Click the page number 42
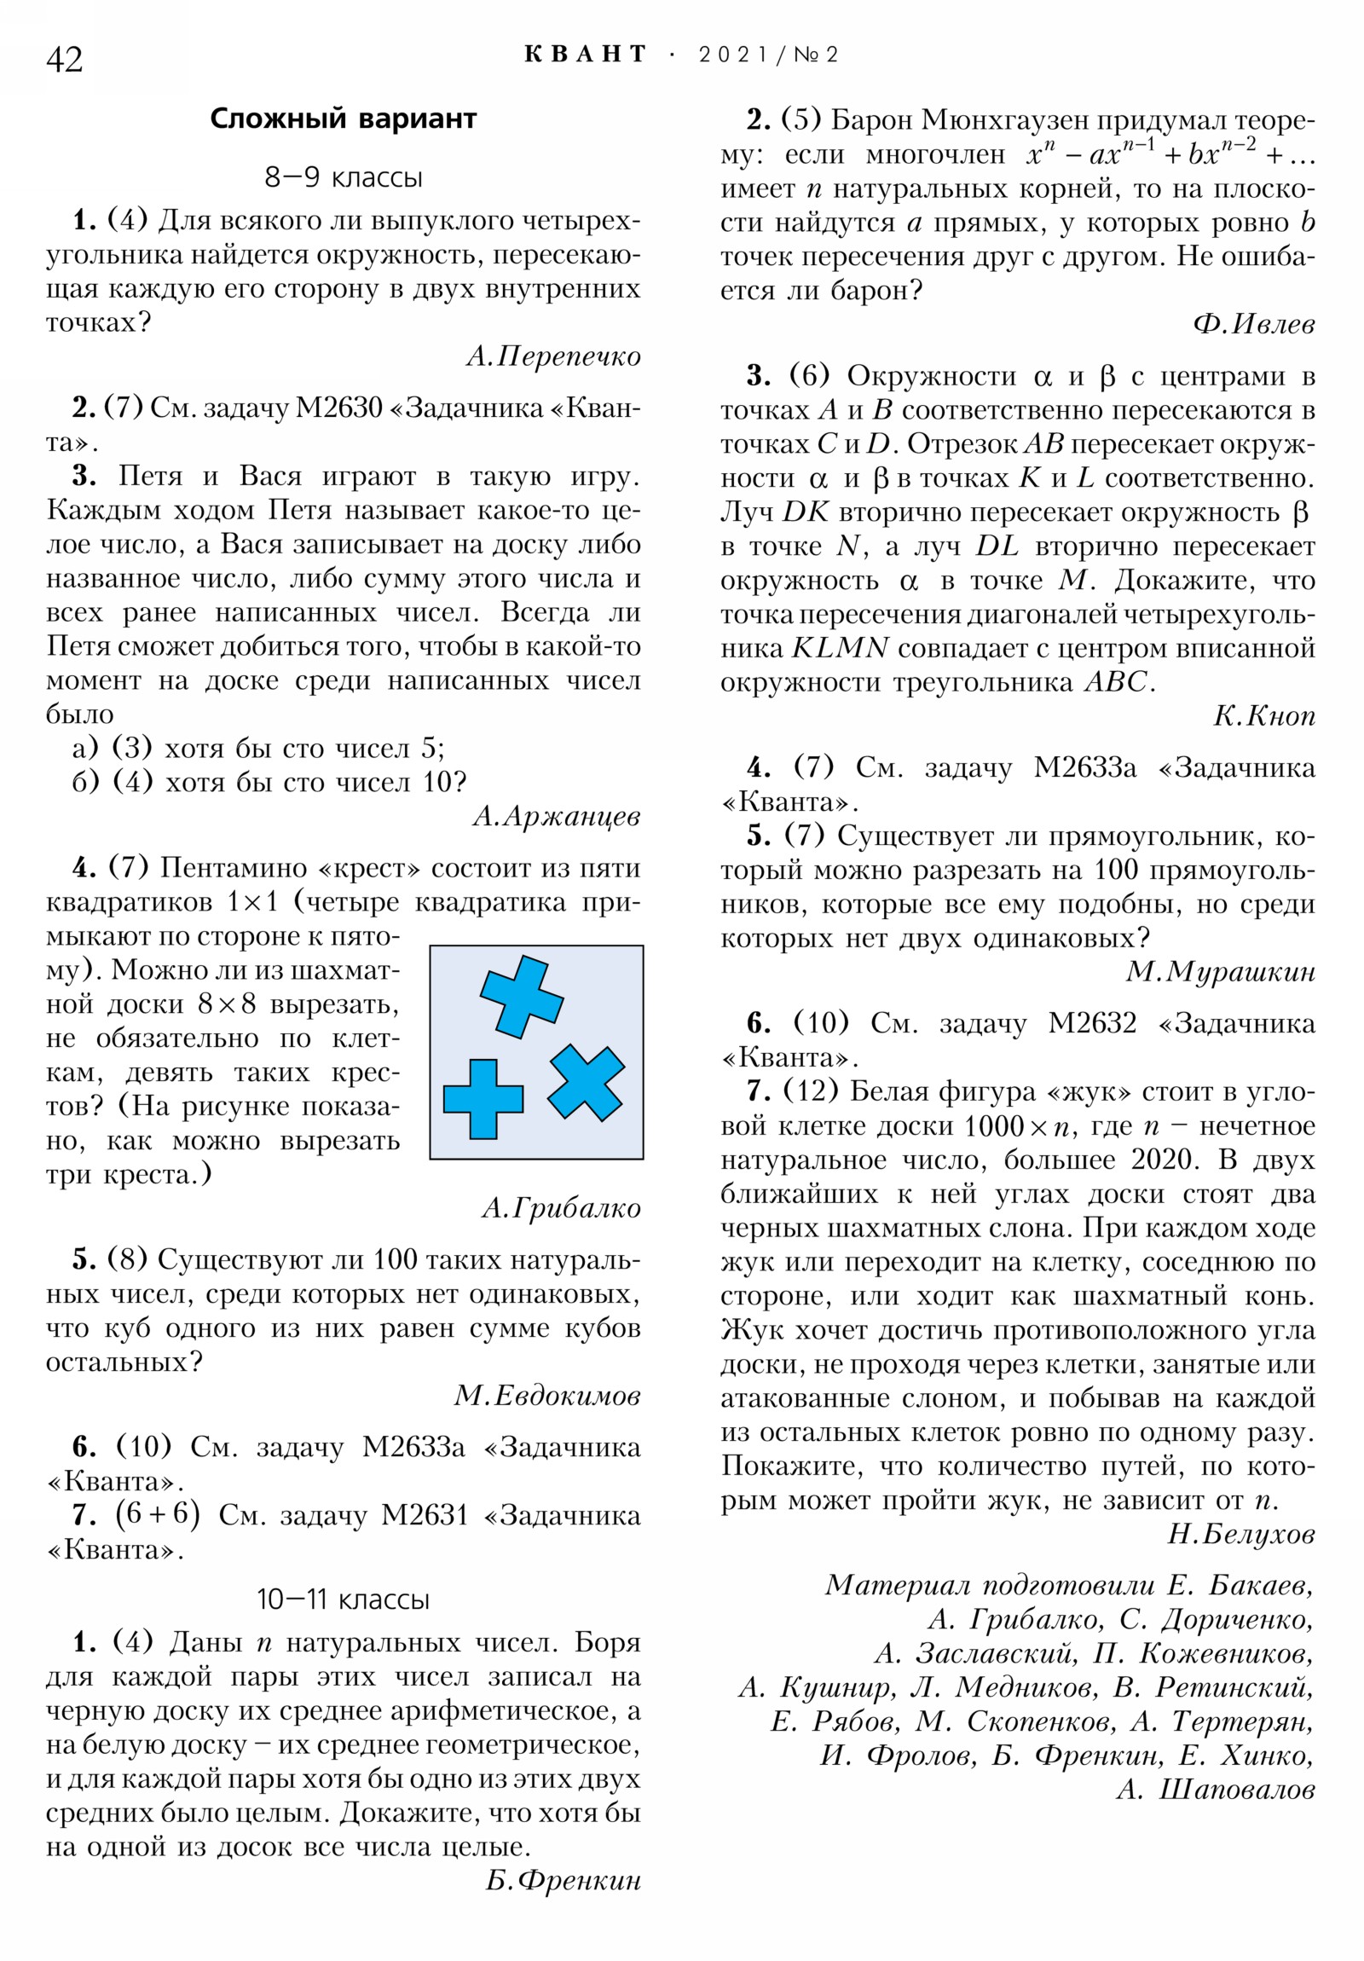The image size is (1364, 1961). point(64,60)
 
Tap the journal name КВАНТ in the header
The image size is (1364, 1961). point(585,55)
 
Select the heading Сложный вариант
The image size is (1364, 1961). point(343,118)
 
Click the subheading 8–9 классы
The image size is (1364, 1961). point(343,177)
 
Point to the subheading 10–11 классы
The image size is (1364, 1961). point(343,1599)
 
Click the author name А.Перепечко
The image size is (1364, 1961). point(553,356)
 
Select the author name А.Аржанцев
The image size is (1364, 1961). point(556,816)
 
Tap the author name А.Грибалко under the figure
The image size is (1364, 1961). point(560,1207)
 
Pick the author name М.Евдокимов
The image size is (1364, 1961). point(546,1395)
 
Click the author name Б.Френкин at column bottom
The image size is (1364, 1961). point(563,1880)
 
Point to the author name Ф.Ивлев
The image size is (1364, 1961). point(1253,324)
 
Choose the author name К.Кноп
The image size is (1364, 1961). point(1263,715)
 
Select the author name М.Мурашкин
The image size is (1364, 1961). point(1220,971)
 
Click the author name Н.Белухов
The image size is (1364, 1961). point(1240,1534)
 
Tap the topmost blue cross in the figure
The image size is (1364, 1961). point(521,997)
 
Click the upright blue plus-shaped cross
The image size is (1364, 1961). point(483,1099)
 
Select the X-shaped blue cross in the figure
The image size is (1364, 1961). point(586,1082)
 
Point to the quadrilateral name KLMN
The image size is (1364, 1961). point(840,648)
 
